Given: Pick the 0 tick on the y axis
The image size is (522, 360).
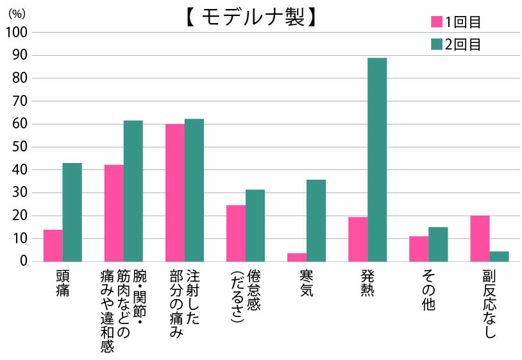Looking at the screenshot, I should (x=23, y=261).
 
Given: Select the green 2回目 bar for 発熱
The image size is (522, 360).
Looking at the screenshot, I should (x=377, y=160).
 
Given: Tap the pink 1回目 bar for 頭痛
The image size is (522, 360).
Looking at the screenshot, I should (x=53, y=246).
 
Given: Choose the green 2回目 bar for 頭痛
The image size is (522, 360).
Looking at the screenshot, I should (x=72, y=212).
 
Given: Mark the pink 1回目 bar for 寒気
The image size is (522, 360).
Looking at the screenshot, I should (x=297, y=257).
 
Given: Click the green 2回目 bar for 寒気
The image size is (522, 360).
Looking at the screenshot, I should (x=316, y=221).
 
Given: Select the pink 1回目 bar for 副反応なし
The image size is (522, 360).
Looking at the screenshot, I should (x=480, y=239).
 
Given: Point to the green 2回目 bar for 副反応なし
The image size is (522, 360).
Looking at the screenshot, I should (x=499, y=257).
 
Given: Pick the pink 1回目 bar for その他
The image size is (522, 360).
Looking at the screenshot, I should (x=419, y=249).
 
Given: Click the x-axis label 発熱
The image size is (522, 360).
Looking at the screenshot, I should (x=367, y=283).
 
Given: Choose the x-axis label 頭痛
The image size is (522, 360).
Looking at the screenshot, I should (x=62, y=283).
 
